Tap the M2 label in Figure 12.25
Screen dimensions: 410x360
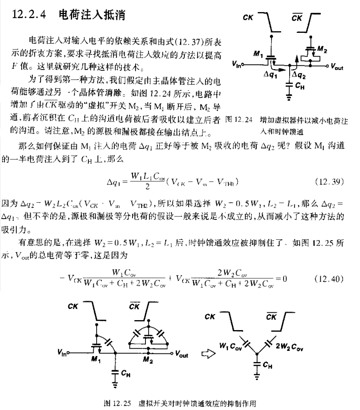coord(148,360)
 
